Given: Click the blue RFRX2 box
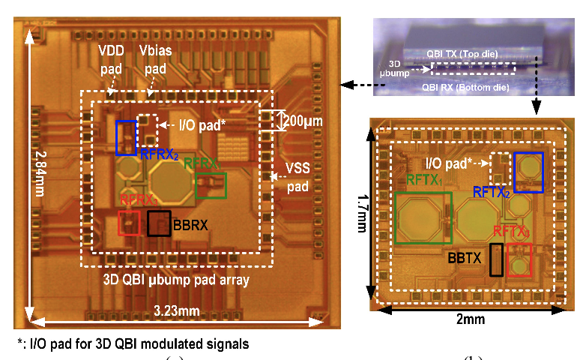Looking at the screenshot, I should (126, 136).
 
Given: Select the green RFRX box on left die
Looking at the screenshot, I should (211, 185).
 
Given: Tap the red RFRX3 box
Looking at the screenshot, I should (130, 222).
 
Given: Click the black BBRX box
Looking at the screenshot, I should (159, 223).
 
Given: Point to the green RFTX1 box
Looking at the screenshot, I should (423, 217).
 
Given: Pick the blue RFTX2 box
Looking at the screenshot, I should (528, 172).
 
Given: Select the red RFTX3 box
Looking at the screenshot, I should (519, 260).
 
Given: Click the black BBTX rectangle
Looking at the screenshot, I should (496, 259).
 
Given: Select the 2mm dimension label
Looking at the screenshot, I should (468, 319).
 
